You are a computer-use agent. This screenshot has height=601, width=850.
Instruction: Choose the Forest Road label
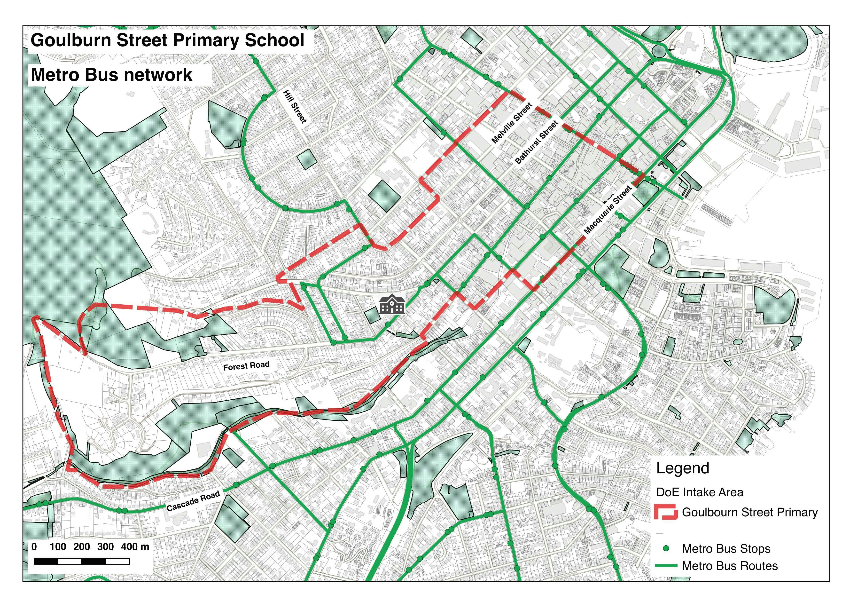(x=246, y=366)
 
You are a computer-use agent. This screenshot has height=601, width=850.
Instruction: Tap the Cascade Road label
(x=193, y=501)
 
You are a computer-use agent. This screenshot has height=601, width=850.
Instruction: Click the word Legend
(x=682, y=468)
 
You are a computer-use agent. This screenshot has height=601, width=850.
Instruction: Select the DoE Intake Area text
(x=699, y=492)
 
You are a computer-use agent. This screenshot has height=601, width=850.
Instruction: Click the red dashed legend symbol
(x=666, y=512)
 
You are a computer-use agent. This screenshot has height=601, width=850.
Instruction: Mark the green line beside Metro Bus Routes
(x=666, y=566)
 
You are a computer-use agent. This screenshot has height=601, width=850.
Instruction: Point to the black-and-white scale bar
(x=81, y=562)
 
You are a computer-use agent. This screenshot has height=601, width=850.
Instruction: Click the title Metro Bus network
(x=111, y=75)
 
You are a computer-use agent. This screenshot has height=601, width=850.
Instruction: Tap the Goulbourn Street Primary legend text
(x=749, y=513)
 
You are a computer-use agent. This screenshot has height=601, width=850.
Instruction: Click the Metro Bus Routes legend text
(x=729, y=566)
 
